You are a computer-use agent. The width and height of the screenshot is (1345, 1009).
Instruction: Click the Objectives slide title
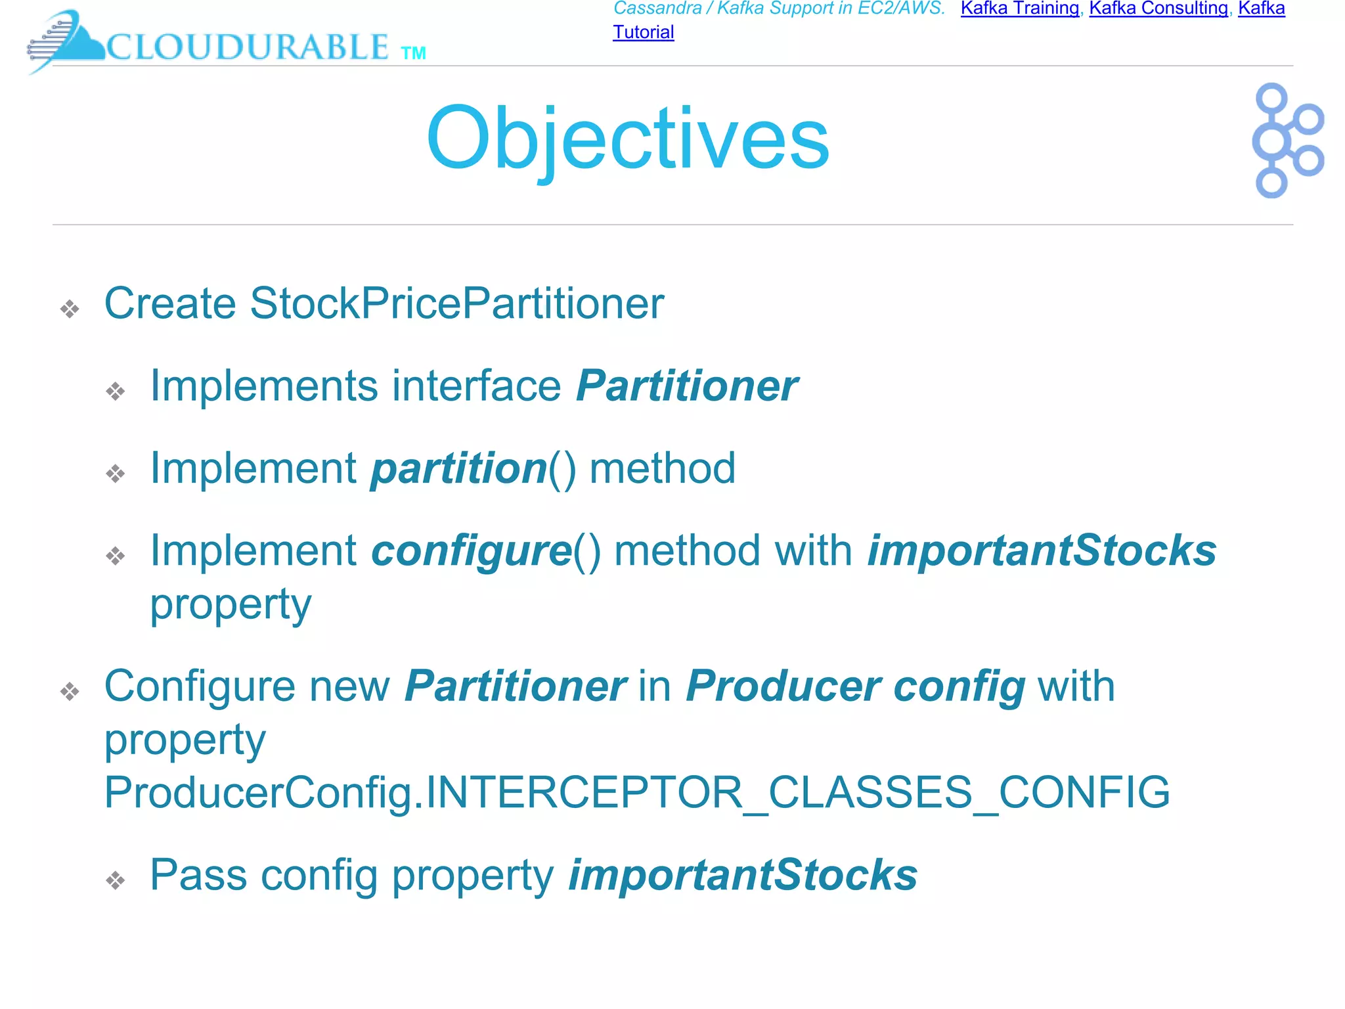point(628,139)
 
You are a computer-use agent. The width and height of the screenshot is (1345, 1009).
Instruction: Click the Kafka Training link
point(1019,9)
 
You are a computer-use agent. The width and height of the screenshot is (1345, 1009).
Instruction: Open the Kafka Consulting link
point(1158,9)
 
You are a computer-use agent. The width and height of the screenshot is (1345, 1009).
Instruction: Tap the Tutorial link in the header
point(643,32)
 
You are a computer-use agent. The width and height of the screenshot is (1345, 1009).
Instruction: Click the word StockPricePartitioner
point(456,304)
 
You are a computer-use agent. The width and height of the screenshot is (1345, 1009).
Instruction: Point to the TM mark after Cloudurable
point(413,53)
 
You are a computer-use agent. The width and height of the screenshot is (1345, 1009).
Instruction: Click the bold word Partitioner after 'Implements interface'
point(686,386)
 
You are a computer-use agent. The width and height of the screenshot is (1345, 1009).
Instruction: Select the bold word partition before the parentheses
point(458,468)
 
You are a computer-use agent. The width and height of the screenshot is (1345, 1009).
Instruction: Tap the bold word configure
point(471,550)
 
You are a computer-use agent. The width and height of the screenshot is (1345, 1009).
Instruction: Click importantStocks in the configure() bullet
point(1042,550)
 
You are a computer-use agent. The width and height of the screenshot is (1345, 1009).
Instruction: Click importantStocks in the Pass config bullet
point(743,875)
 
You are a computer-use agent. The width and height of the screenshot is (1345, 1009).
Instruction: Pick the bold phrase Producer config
point(855,686)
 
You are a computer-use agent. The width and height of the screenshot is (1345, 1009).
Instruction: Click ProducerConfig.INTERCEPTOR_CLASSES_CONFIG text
point(636,792)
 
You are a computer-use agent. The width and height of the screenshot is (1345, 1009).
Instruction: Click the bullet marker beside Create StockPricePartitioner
point(70,309)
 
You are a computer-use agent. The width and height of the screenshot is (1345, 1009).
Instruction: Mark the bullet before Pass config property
point(116,880)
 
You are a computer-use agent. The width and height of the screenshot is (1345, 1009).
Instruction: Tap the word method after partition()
point(662,468)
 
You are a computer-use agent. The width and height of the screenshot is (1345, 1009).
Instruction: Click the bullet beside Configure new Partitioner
point(70,691)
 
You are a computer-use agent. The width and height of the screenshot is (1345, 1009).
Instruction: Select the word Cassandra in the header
point(657,9)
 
